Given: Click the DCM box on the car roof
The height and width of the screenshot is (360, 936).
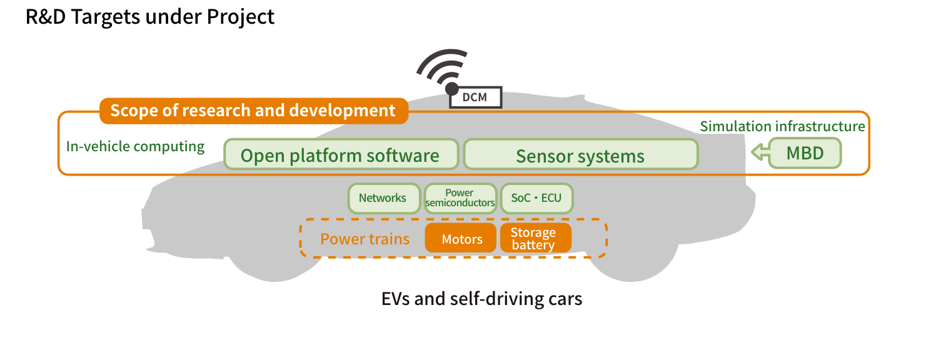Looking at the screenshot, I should click(476, 97).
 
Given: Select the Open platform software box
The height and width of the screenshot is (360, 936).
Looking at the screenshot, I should click(340, 155).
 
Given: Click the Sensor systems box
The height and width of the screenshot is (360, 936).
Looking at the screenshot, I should click(580, 155).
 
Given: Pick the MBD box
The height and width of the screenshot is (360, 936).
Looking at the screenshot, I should click(805, 153).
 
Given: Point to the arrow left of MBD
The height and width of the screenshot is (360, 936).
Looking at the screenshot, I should click(759, 152).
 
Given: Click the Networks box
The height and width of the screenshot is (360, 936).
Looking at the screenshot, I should click(382, 198).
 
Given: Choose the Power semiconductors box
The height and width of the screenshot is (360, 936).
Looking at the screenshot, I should click(460, 198).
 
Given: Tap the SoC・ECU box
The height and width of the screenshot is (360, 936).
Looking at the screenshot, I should click(536, 198).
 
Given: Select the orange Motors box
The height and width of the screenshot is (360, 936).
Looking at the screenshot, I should click(461, 239).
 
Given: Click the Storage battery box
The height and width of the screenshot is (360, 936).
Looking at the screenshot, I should click(535, 239).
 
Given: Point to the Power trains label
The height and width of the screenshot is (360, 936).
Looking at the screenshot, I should click(365, 239).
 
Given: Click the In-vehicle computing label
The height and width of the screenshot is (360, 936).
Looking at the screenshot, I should click(135, 147).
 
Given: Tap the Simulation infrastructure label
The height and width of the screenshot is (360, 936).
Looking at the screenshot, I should click(782, 126).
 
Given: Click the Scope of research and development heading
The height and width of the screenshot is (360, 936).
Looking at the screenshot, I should click(253, 111).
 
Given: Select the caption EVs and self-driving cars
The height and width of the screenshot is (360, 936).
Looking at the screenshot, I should click(481, 299).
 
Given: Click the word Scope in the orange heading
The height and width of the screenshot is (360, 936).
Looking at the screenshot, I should click(132, 111).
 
